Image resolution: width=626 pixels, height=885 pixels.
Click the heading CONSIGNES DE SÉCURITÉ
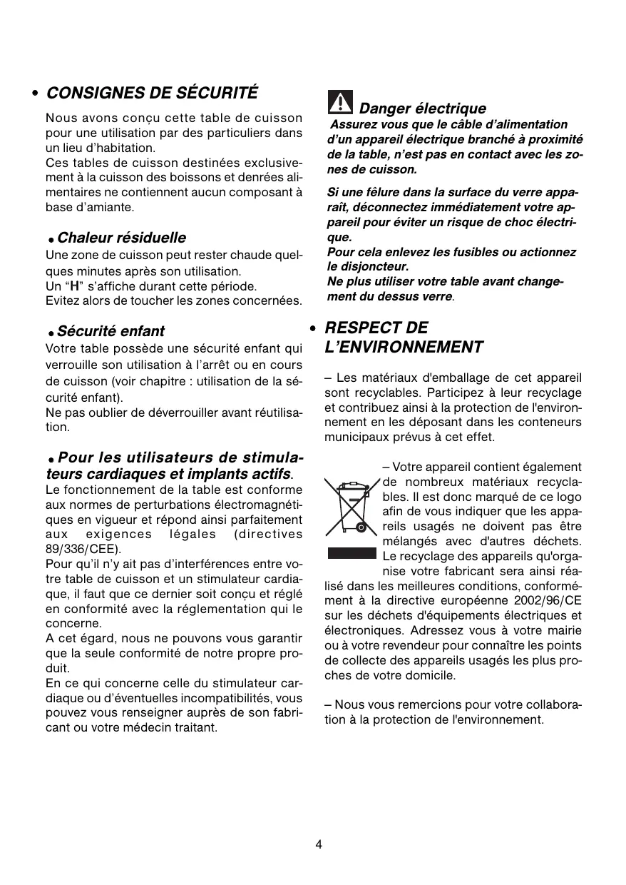[152, 93]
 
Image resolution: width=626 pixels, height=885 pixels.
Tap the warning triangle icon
[340, 103]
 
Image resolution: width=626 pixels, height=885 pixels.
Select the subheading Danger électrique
[422, 108]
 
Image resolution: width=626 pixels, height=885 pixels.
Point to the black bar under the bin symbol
[352, 553]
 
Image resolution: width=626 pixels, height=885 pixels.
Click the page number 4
[319, 844]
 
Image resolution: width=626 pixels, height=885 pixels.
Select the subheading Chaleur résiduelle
[121, 238]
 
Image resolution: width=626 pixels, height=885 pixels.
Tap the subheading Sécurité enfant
[111, 331]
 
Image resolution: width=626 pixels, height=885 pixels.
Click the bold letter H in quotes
[72, 286]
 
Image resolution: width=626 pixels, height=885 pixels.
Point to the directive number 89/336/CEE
[83, 549]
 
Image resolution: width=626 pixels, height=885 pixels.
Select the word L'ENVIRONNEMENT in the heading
[404, 348]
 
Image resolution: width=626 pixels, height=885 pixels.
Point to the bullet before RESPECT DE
[313, 328]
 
